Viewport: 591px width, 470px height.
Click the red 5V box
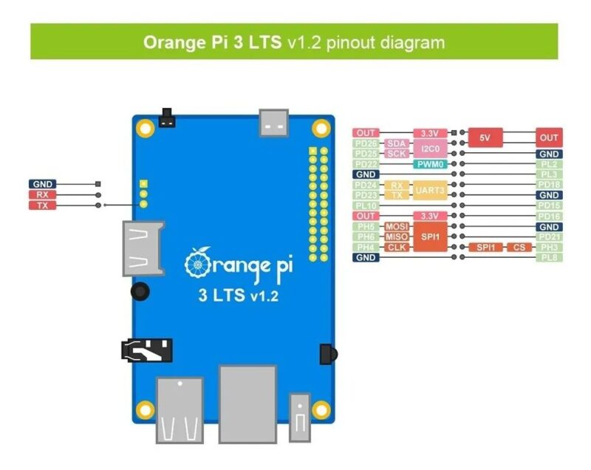[x=485, y=137]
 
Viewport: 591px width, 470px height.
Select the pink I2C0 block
[x=431, y=148]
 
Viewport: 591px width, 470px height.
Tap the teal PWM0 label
[x=431, y=164]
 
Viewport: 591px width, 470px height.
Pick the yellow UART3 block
[x=431, y=190]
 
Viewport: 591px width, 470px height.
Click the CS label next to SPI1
[x=519, y=247]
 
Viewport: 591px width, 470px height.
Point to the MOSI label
[x=397, y=226]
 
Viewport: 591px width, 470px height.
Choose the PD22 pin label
[x=366, y=164]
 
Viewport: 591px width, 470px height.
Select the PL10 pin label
[x=366, y=205]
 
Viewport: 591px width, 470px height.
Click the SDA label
[x=397, y=143]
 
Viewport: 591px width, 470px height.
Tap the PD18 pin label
[x=549, y=184]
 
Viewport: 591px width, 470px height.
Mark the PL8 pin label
[x=549, y=257]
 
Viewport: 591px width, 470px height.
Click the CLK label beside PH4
[x=397, y=247]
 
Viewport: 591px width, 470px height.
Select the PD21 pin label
[x=549, y=236]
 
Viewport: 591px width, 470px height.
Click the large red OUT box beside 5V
[x=549, y=137]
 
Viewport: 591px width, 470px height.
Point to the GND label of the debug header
[x=41, y=184]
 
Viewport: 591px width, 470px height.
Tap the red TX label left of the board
[x=41, y=205]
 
